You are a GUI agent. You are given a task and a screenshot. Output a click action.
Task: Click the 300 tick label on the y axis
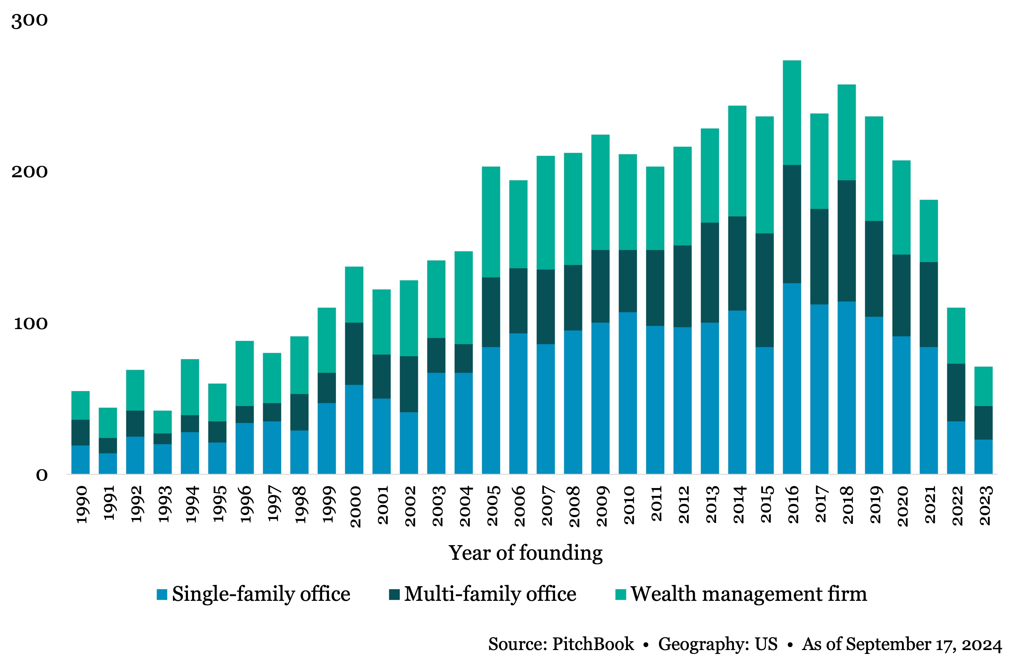tap(29, 21)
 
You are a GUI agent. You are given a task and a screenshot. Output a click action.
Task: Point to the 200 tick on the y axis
tap(29, 172)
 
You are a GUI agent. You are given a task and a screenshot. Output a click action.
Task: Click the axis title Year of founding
tap(525, 553)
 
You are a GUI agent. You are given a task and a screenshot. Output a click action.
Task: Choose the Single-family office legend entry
tap(261, 594)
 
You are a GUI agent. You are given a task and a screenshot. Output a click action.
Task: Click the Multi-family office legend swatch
tap(394, 594)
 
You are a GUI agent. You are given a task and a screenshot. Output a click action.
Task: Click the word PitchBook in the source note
tap(593, 644)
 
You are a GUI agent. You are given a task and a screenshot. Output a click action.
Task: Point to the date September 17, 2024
tap(923, 644)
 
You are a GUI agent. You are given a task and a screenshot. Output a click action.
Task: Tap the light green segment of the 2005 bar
tap(491, 222)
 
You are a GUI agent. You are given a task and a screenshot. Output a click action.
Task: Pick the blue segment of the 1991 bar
tap(108, 463)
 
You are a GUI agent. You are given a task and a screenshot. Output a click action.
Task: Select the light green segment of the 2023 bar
tap(983, 386)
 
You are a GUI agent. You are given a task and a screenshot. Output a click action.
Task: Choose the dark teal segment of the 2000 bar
tap(354, 354)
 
